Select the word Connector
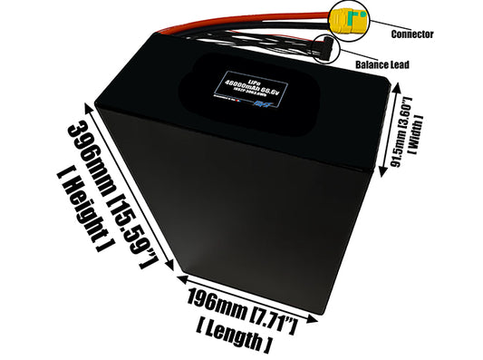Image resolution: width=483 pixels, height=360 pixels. pyautogui.click(x=411, y=34)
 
